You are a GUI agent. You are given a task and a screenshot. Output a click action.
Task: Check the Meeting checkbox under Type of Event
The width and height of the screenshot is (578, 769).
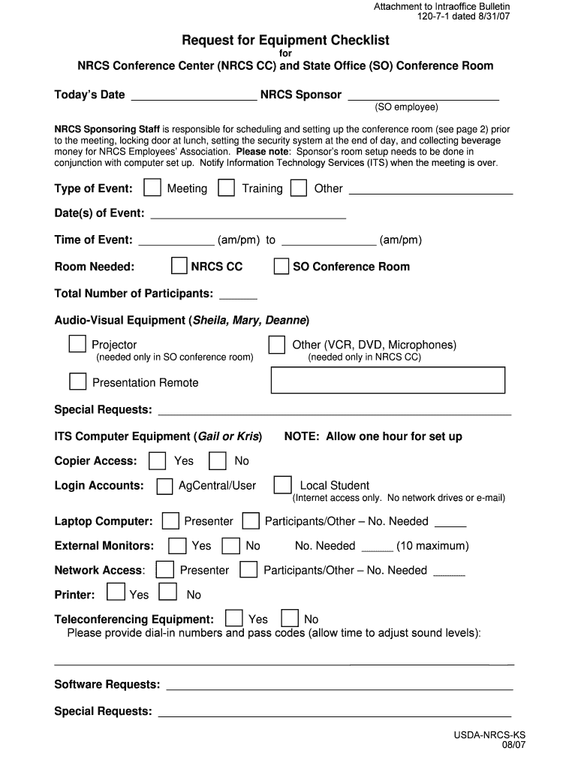point(152,188)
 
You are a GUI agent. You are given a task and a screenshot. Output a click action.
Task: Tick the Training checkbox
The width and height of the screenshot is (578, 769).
point(226,188)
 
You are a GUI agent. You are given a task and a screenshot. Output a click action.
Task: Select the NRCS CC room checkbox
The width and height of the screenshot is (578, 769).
point(179,266)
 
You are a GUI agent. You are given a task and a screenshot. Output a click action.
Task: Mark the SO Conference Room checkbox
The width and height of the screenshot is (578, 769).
point(281,267)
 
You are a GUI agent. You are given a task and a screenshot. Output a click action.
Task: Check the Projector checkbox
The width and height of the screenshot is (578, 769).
point(77,344)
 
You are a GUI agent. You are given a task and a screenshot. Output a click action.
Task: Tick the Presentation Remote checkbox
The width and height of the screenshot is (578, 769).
point(77,381)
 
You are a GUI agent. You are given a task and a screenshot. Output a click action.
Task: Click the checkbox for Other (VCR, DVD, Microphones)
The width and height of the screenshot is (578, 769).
point(277,345)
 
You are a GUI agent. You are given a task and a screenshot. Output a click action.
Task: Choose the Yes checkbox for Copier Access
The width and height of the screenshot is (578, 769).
point(158,460)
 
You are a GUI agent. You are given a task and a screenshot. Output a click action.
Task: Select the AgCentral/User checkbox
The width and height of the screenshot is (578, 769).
point(164,486)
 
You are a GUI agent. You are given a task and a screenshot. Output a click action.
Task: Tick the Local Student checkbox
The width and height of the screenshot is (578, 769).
point(282,485)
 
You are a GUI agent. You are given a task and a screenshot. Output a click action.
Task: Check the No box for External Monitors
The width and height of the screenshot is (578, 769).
point(232,546)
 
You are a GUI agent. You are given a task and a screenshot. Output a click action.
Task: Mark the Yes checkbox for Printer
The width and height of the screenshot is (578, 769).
point(116,593)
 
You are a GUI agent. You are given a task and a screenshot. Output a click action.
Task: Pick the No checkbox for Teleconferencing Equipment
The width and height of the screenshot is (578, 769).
point(289,618)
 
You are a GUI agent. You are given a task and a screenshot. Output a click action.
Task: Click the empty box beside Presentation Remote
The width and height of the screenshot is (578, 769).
point(387,380)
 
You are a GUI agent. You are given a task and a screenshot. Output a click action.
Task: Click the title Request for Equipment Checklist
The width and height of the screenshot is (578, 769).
point(285,40)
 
